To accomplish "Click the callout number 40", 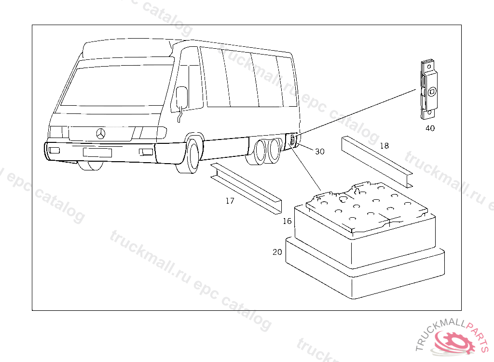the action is point(430,128).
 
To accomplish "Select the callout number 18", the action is point(384,146).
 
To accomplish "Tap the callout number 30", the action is point(320,152).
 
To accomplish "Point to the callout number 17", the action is point(230,201).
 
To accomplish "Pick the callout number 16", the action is point(287,221).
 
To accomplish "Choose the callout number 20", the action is point(277,252).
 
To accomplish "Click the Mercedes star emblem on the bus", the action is point(101,133).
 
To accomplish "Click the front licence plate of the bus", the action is point(97,153).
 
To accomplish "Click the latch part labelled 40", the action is point(429,90).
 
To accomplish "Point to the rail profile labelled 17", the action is point(246,189).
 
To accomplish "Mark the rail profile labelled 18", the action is point(377,162).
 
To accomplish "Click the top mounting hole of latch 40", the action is point(429,67).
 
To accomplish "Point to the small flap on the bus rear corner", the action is point(292,139).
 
